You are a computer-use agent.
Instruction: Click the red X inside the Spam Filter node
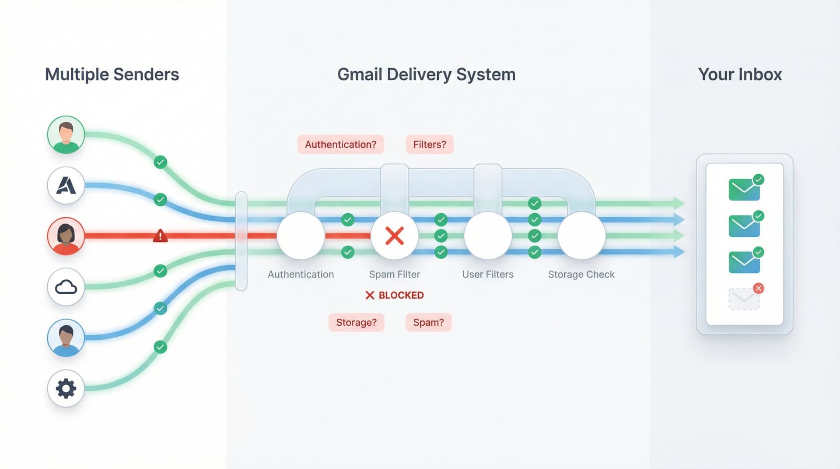(x=394, y=236)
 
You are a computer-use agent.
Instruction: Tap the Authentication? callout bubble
(x=340, y=145)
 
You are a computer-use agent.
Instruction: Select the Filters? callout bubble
(x=429, y=145)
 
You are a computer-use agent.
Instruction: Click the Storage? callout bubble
(x=356, y=322)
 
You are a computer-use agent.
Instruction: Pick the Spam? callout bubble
(x=428, y=322)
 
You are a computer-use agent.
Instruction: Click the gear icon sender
(x=66, y=388)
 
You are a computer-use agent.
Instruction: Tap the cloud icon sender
(x=66, y=287)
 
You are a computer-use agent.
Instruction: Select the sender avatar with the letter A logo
(x=66, y=186)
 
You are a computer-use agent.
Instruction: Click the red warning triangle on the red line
(x=160, y=236)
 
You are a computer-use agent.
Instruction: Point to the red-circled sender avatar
(x=66, y=236)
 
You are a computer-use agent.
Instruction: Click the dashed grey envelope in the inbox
(x=744, y=299)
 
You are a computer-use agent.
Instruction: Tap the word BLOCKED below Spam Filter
(x=401, y=295)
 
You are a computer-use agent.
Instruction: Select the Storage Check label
(x=581, y=275)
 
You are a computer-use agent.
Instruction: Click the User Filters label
(x=487, y=275)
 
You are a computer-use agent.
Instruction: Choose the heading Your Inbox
(x=740, y=74)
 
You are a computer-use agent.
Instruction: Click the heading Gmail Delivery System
(x=426, y=74)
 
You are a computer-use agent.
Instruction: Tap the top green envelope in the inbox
(x=744, y=190)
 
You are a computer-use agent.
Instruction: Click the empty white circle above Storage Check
(x=581, y=236)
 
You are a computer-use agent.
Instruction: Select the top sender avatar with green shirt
(x=66, y=134)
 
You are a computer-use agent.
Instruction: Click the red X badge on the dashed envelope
(x=759, y=288)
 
